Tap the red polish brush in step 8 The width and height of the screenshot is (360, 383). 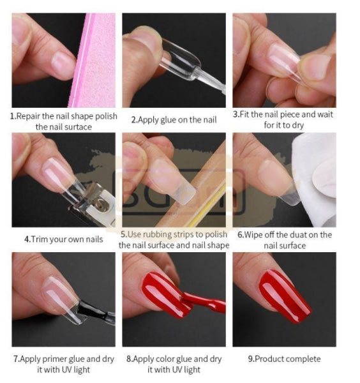click(204, 303)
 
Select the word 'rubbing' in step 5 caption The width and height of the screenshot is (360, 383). click(157, 235)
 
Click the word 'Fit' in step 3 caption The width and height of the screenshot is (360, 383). click(244, 114)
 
